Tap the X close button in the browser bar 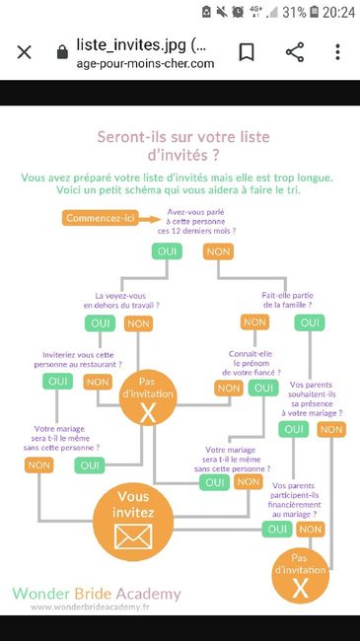24,52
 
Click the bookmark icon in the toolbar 247,52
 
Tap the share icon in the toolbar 294,52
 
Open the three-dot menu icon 338,52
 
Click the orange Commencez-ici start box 102,218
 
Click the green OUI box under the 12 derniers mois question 166,251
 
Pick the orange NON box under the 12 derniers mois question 218,251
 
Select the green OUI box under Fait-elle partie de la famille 309,322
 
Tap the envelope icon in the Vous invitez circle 130,536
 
